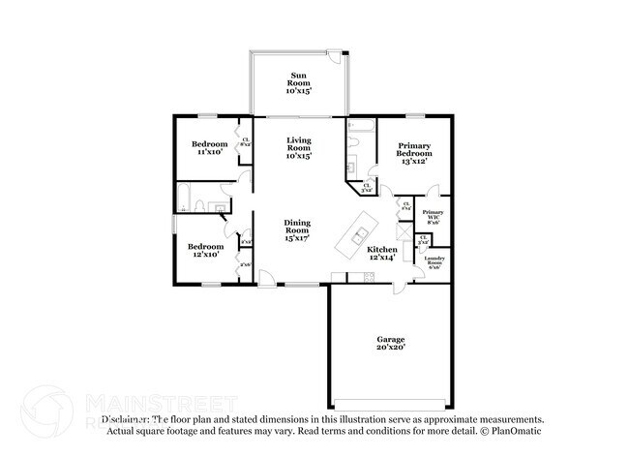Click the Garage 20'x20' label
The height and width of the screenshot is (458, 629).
[x=390, y=343]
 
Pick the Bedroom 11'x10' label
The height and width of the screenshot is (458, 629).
[x=209, y=148]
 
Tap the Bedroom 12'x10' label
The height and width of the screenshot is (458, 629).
[x=205, y=250]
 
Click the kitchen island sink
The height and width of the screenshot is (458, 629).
[x=359, y=235]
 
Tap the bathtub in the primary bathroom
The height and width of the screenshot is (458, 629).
[x=363, y=125]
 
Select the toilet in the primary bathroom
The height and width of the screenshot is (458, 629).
[x=355, y=142]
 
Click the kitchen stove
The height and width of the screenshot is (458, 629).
[x=367, y=278]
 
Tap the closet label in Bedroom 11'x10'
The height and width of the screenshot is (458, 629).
[x=246, y=141]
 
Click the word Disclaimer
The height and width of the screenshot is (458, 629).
[x=126, y=419]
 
